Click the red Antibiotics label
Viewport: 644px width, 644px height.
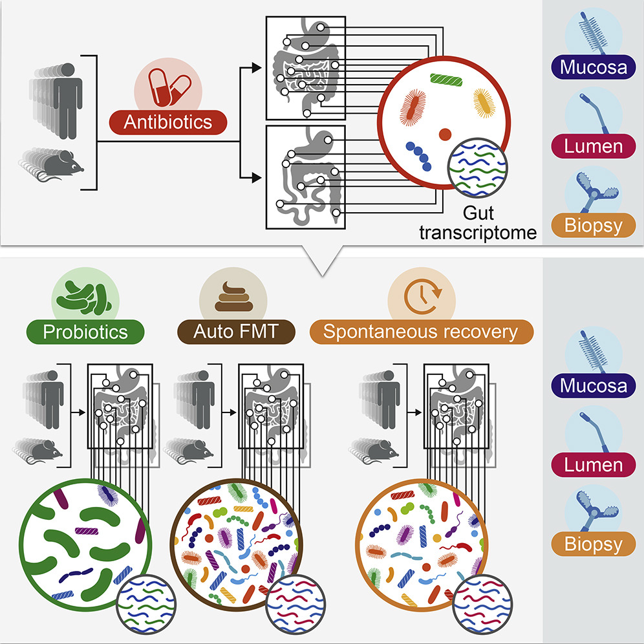(x=169, y=122)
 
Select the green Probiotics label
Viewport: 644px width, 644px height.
(x=85, y=332)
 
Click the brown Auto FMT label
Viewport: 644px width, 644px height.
(x=236, y=332)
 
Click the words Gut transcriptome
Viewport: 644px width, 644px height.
(x=478, y=223)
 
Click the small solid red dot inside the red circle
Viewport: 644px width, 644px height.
(x=445, y=134)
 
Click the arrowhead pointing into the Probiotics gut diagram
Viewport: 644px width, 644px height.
(x=83, y=411)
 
